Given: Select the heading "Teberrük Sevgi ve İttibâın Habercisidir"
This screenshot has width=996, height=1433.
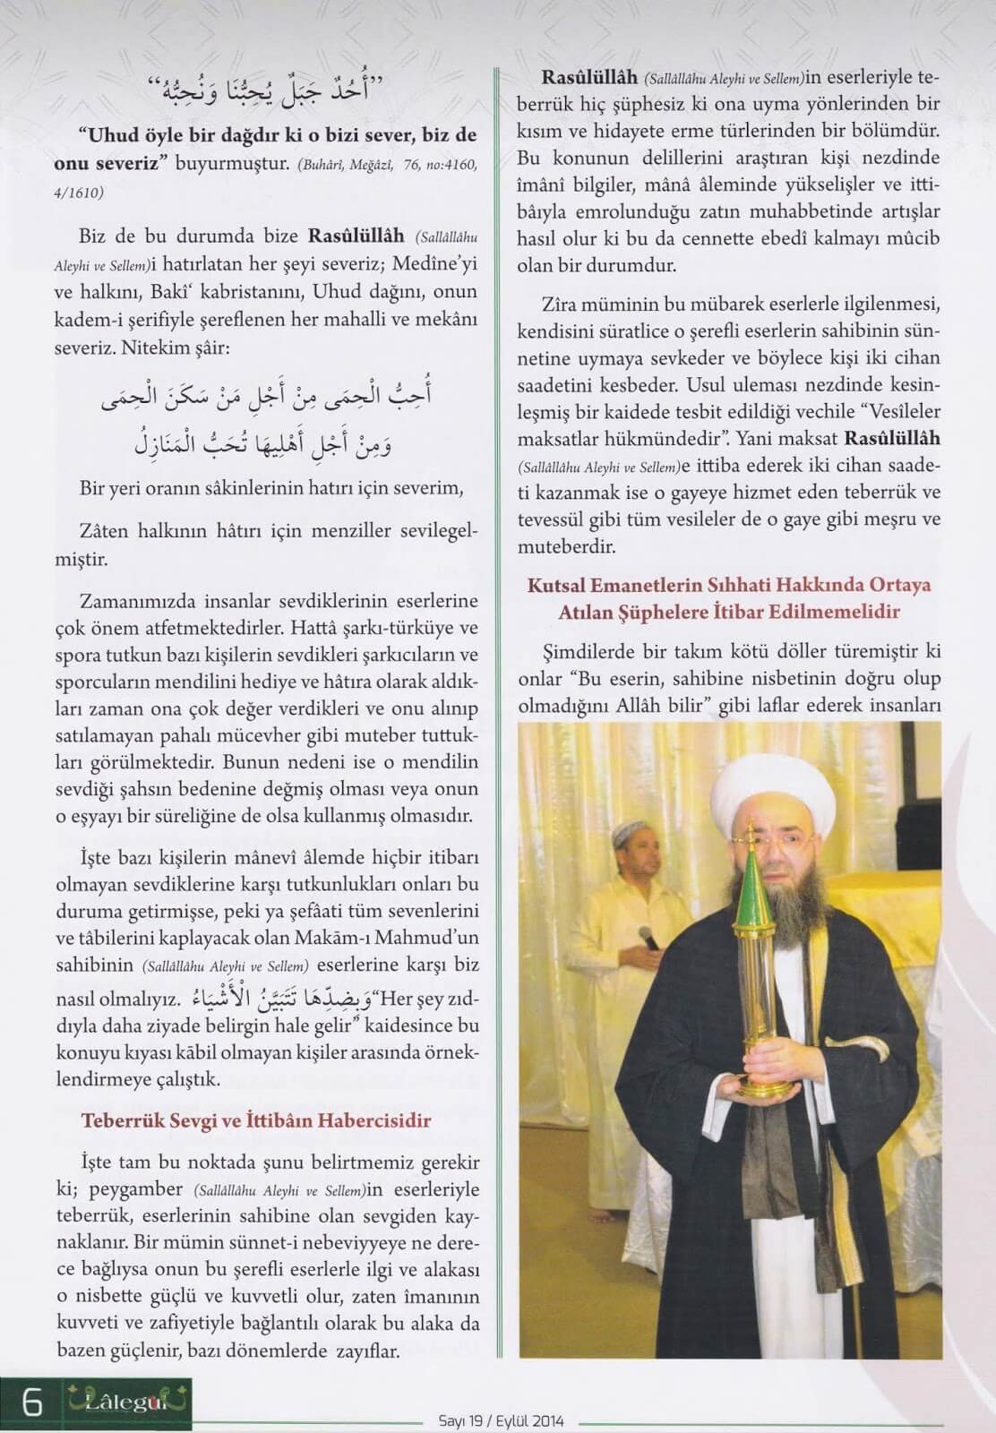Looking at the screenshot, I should [256, 1120].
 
